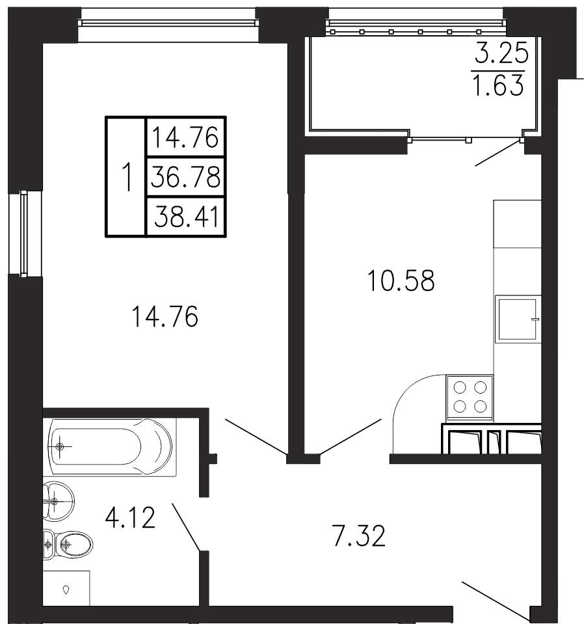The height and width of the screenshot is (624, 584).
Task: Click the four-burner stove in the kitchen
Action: point(470,398)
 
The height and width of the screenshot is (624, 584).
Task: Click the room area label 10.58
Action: point(401,280)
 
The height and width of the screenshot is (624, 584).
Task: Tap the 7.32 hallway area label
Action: point(359,536)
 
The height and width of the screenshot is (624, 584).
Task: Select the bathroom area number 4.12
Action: point(130,518)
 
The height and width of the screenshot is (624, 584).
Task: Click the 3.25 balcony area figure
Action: point(501,53)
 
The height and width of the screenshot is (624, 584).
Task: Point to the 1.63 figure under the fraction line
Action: point(498,85)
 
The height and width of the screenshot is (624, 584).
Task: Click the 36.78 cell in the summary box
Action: point(186,177)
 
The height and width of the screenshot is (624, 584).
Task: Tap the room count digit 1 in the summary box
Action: point(127,177)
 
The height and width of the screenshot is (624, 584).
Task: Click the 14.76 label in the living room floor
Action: point(165,317)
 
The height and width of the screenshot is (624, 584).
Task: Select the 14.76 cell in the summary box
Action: point(186,137)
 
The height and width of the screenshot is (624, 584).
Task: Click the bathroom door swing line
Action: point(186,527)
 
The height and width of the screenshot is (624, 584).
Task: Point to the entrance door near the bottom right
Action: point(496,595)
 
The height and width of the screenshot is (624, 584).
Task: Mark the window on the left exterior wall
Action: point(24,234)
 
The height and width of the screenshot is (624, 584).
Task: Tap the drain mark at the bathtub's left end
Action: point(60,447)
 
